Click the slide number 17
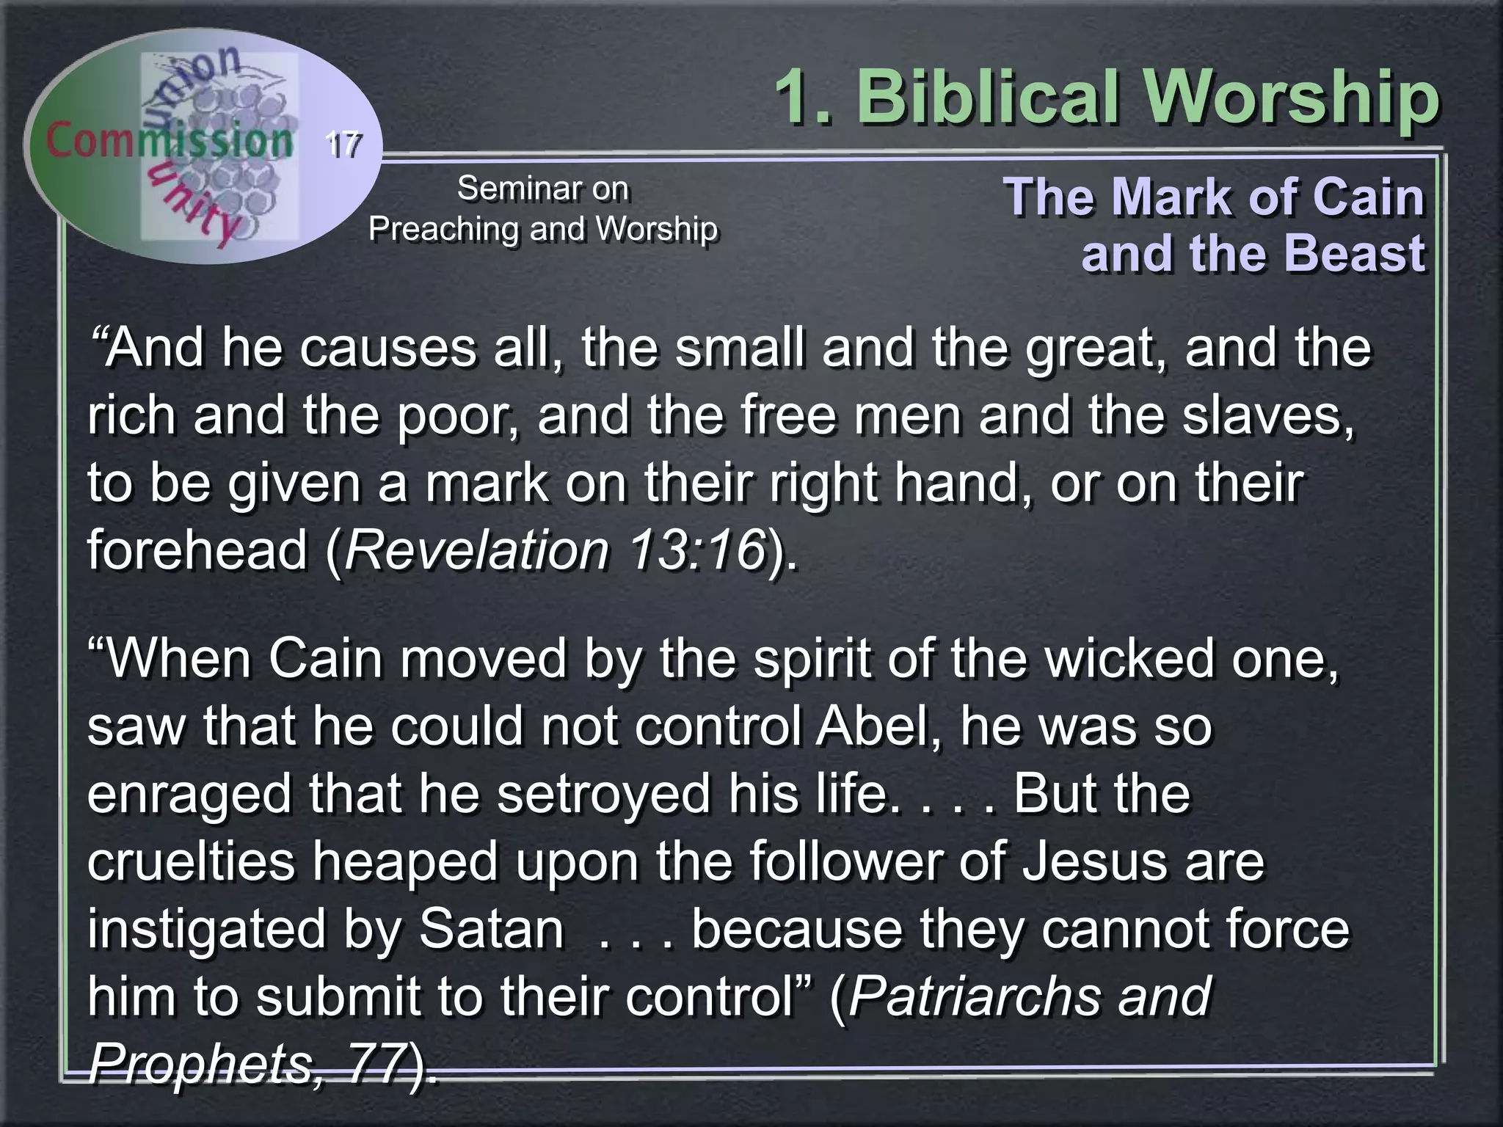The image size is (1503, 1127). point(343,144)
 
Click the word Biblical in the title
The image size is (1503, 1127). point(986,98)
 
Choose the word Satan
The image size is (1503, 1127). point(491,930)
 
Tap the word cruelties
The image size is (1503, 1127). point(191,861)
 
